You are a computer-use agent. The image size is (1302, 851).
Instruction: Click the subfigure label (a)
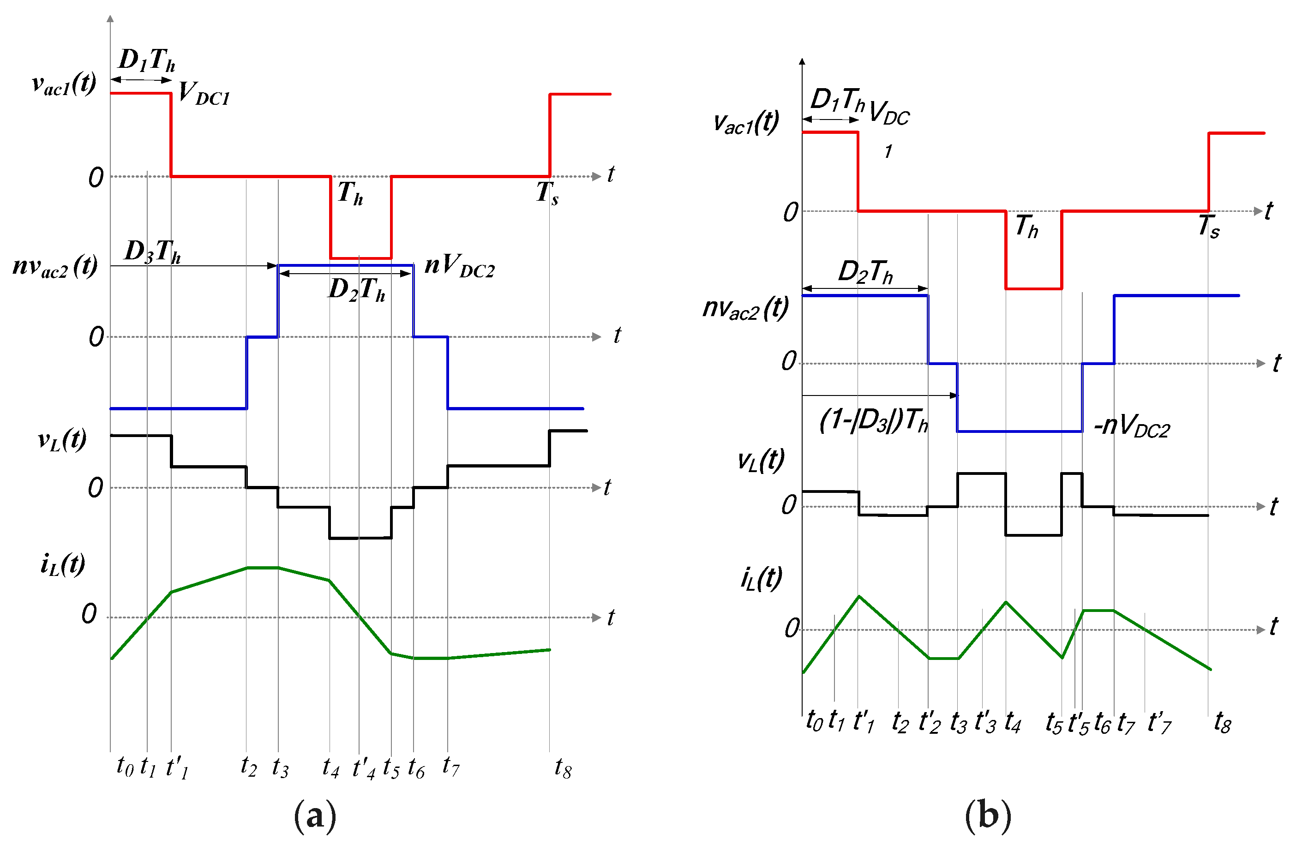(x=315, y=815)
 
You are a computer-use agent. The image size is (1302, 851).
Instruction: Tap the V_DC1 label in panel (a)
(x=204, y=94)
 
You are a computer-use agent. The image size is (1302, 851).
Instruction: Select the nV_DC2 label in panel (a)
(x=460, y=266)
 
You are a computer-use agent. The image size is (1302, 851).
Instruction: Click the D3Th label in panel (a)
(x=153, y=252)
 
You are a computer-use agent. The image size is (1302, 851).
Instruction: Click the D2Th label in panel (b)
(x=865, y=272)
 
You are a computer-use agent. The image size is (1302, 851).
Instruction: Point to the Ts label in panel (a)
(x=547, y=193)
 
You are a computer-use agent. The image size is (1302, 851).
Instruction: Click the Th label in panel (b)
(x=1027, y=227)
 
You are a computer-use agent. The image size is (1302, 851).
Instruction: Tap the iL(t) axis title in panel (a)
(x=62, y=564)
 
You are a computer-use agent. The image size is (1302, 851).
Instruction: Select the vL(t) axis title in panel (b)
(x=761, y=461)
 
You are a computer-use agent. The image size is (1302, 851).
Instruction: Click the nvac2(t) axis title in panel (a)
(x=55, y=267)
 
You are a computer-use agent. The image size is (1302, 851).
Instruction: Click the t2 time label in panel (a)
(x=248, y=767)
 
